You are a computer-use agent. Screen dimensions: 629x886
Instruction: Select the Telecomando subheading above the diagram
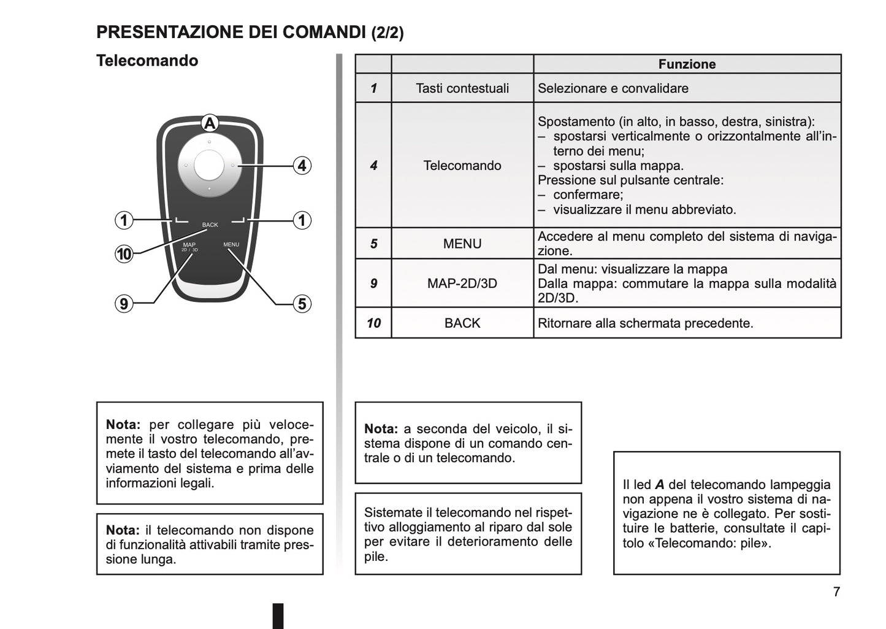[x=147, y=61]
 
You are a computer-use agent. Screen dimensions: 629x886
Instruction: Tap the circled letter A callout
[x=210, y=123]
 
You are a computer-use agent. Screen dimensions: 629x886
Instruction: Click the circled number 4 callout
[x=302, y=166]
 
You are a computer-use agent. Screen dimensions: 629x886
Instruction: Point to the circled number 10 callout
[x=124, y=253]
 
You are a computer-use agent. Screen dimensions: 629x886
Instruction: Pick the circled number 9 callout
[x=124, y=303]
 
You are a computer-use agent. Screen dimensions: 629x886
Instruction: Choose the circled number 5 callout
[x=302, y=303]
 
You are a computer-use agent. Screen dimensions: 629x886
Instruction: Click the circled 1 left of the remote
[x=124, y=220]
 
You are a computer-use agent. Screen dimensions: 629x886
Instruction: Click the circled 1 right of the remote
[x=302, y=220]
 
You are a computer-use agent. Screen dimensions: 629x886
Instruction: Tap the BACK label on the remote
[x=210, y=225]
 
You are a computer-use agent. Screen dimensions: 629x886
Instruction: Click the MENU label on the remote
[x=231, y=245]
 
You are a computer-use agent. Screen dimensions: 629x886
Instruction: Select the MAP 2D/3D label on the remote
[x=189, y=247]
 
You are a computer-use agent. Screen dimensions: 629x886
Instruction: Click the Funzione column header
[x=687, y=64]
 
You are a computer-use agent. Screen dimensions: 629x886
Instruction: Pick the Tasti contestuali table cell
[x=462, y=88]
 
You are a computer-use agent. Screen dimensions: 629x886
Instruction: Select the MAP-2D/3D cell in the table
[x=462, y=284]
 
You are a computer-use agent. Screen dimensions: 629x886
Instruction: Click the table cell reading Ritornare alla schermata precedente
[x=645, y=323]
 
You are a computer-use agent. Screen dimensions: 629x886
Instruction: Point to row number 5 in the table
[x=373, y=244]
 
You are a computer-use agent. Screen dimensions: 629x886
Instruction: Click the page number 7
[x=836, y=592]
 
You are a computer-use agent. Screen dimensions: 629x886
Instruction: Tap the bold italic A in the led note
[x=660, y=485]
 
